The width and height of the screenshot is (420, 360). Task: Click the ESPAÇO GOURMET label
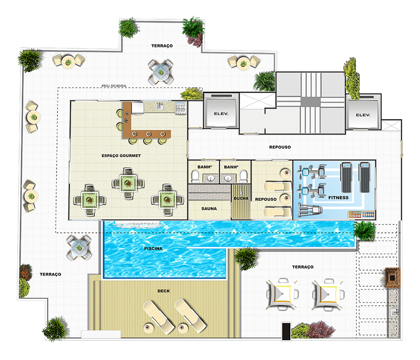click(x=121, y=155)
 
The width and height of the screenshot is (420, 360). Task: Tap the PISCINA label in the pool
click(x=153, y=249)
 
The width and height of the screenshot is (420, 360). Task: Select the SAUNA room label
click(x=209, y=209)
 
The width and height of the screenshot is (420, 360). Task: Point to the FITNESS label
click(x=338, y=198)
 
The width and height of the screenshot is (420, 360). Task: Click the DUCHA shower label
click(x=241, y=198)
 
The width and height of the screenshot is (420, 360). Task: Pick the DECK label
click(x=164, y=291)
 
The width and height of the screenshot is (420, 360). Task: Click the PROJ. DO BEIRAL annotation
click(x=114, y=86)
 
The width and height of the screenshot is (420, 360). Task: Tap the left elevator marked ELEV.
click(x=221, y=111)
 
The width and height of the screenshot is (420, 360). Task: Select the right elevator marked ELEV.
click(x=363, y=112)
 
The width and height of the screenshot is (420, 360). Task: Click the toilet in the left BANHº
click(x=195, y=176)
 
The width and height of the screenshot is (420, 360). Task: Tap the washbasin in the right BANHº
click(x=228, y=178)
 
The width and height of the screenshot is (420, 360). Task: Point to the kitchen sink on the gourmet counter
click(x=160, y=106)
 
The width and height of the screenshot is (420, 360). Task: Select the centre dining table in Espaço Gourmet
click(x=128, y=184)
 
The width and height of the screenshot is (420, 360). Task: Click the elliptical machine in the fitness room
click(x=310, y=210)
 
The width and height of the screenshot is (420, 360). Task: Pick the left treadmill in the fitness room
click(x=346, y=177)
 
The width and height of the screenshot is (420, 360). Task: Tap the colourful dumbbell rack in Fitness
click(x=361, y=214)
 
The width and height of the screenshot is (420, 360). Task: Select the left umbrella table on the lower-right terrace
click(x=282, y=294)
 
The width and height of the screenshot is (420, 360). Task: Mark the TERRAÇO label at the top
click(x=162, y=46)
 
